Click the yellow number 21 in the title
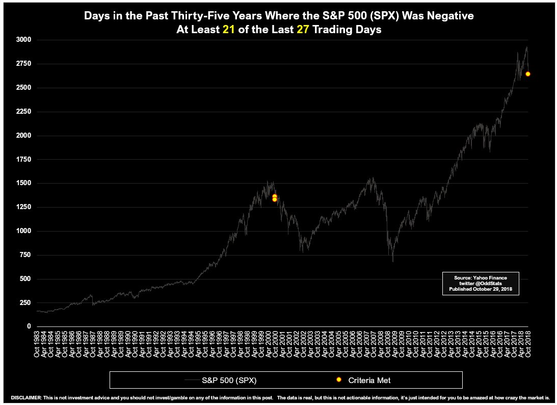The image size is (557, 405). tap(228, 30)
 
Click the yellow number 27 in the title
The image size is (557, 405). tap(303, 30)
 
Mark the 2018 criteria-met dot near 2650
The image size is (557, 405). tap(528, 74)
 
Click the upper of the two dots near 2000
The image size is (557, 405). tap(274, 196)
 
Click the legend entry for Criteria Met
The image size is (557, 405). tap(369, 380)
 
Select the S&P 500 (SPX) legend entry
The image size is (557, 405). tap(232, 380)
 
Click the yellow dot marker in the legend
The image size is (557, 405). tap(338, 380)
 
